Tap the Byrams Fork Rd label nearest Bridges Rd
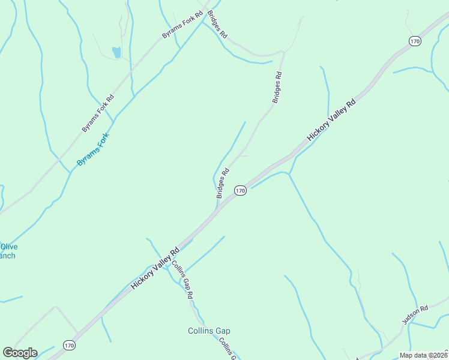(182, 24)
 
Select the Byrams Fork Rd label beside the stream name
(98, 113)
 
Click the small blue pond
(116, 52)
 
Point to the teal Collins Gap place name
(209, 331)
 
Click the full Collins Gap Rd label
(182, 280)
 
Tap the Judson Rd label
(415, 314)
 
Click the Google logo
(20, 353)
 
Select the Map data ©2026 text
(423, 355)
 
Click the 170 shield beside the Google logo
(69, 346)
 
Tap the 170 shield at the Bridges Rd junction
(240, 191)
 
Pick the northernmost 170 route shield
(414, 41)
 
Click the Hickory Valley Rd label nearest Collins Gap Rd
(155, 269)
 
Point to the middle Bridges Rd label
(277, 88)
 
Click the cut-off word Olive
(8, 247)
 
